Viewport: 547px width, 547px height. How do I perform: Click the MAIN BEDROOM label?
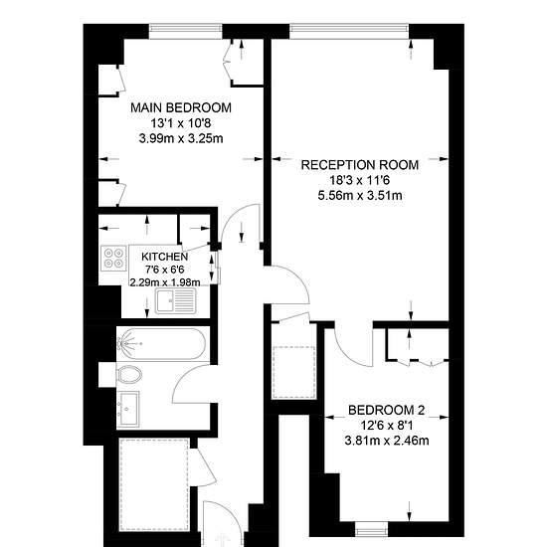[181, 107]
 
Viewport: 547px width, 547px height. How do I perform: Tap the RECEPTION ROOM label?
[360, 165]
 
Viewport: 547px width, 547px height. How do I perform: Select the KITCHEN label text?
[165, 257]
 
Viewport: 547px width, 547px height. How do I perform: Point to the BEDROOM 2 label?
[387, 410]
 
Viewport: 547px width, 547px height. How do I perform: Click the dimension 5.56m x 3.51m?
[360, 195]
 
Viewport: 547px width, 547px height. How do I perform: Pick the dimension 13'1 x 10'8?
[181, 123]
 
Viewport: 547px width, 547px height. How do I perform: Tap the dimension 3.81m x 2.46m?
[387, 441]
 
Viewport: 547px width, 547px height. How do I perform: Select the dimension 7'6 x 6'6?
[165, 270]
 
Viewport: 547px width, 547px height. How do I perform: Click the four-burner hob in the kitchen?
[113, 259]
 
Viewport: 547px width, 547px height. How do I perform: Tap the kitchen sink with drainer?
[176, 301]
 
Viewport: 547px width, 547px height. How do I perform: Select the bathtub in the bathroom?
[161, 344]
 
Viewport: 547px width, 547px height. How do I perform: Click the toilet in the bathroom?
[129, 375]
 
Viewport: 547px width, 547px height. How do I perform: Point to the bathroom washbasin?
[127, 409]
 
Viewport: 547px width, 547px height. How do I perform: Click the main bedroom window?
[186, 32]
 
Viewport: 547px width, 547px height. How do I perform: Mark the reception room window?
[349, 32]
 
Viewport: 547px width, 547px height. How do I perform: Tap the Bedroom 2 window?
[372, 529]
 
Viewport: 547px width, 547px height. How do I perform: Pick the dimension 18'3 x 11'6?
[360, 180]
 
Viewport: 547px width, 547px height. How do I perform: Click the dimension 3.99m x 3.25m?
[181, 138]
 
